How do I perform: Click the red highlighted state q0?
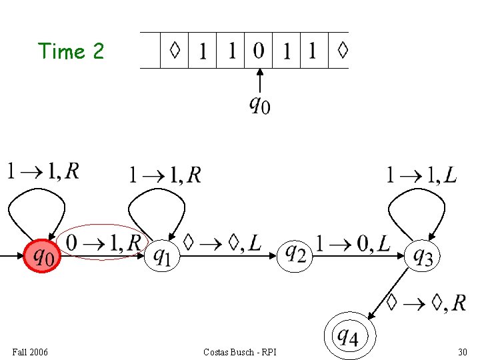tap(42, 256)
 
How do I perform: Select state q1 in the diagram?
tap(162, 256)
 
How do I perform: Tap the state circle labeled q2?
tap(295, 255)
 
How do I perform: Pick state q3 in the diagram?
tap(423, 256)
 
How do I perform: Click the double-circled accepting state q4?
tap(350, 336)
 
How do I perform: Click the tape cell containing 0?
tap(259, 50)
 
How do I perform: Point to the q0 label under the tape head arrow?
tap(259, 105)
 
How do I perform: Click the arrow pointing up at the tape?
tap(260, 81)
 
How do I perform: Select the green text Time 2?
tap(71, 51)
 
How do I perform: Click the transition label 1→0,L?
tap(353, 244)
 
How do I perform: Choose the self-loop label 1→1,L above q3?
tap(421, 175)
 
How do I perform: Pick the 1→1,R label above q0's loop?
tap(43, 171)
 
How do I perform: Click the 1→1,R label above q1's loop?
tap(165, 175)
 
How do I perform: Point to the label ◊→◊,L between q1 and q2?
tap(222, 243)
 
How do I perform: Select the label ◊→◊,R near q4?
tap(426, 303)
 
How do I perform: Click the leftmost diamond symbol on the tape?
tap(175, 50)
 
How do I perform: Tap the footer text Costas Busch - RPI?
tap(240, 352)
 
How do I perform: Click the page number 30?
tap(463, 352)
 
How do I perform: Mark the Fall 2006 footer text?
tap(30, 352)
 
